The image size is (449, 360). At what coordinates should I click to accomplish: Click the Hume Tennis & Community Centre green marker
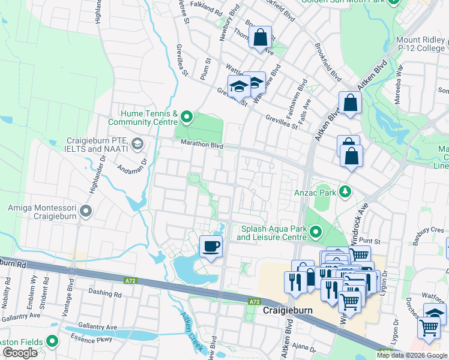coord(187,116)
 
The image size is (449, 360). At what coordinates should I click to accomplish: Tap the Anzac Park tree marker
coord(345,192)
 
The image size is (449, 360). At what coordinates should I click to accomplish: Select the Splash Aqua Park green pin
coord(316,232)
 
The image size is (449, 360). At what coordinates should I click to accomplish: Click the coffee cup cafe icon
coord(211,246)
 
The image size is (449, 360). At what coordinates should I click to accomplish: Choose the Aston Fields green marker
coord(52,341)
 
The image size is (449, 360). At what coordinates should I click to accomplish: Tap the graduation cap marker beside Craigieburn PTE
coord(137,143)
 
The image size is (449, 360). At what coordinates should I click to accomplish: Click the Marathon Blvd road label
coord(203,145)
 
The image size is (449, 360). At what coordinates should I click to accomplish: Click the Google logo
coord(20,353)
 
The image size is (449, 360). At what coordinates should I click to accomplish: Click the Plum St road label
coord(205,69)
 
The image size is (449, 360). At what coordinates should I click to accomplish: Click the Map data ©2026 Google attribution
coord(412,355)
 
